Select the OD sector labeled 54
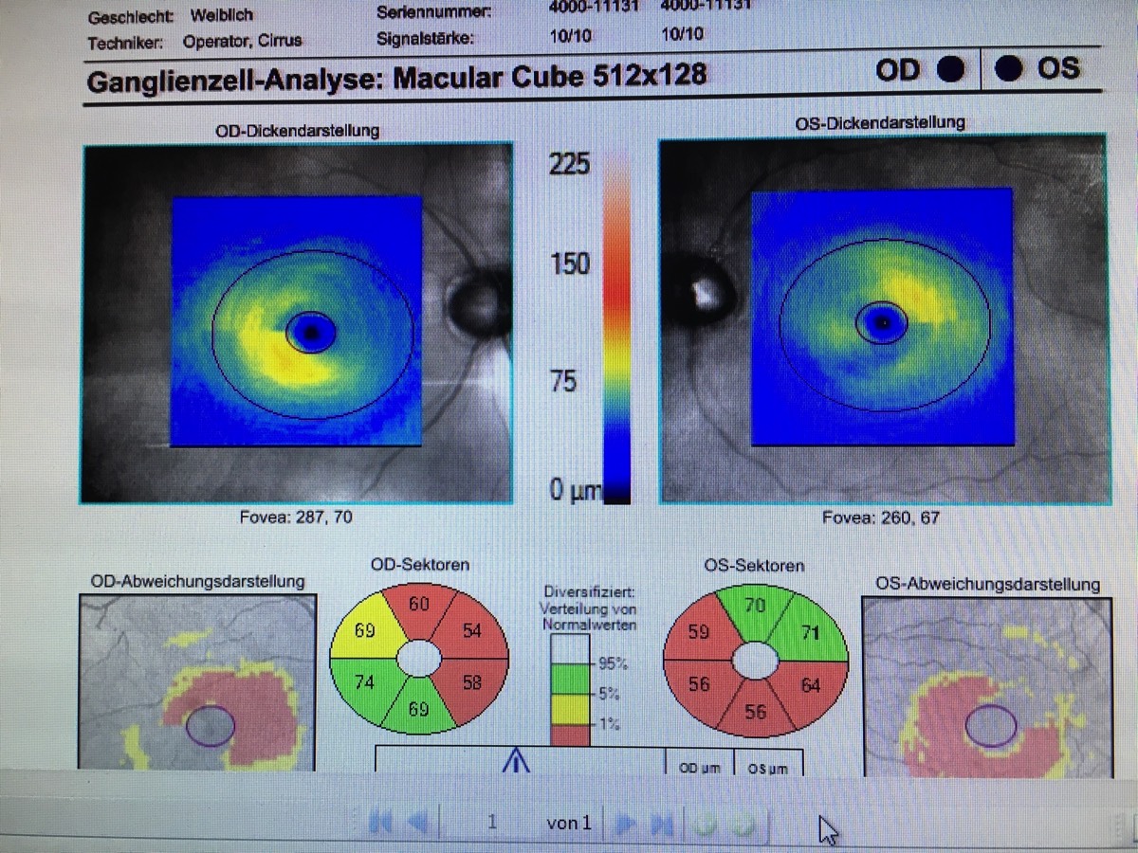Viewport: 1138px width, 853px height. coord(471,631)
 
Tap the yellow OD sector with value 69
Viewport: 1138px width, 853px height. coord(364,629)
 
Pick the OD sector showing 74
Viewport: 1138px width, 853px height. coord(364,682)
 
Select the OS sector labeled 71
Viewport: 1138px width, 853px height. coord(810,632)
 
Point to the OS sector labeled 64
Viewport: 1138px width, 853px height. coord(810,684)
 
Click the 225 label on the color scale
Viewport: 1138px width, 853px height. coord(569,165)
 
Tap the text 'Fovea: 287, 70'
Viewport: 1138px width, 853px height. coord(296,518)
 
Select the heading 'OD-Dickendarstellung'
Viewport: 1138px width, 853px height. coord(297,130)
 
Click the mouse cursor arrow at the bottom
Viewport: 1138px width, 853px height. coord(828,829)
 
